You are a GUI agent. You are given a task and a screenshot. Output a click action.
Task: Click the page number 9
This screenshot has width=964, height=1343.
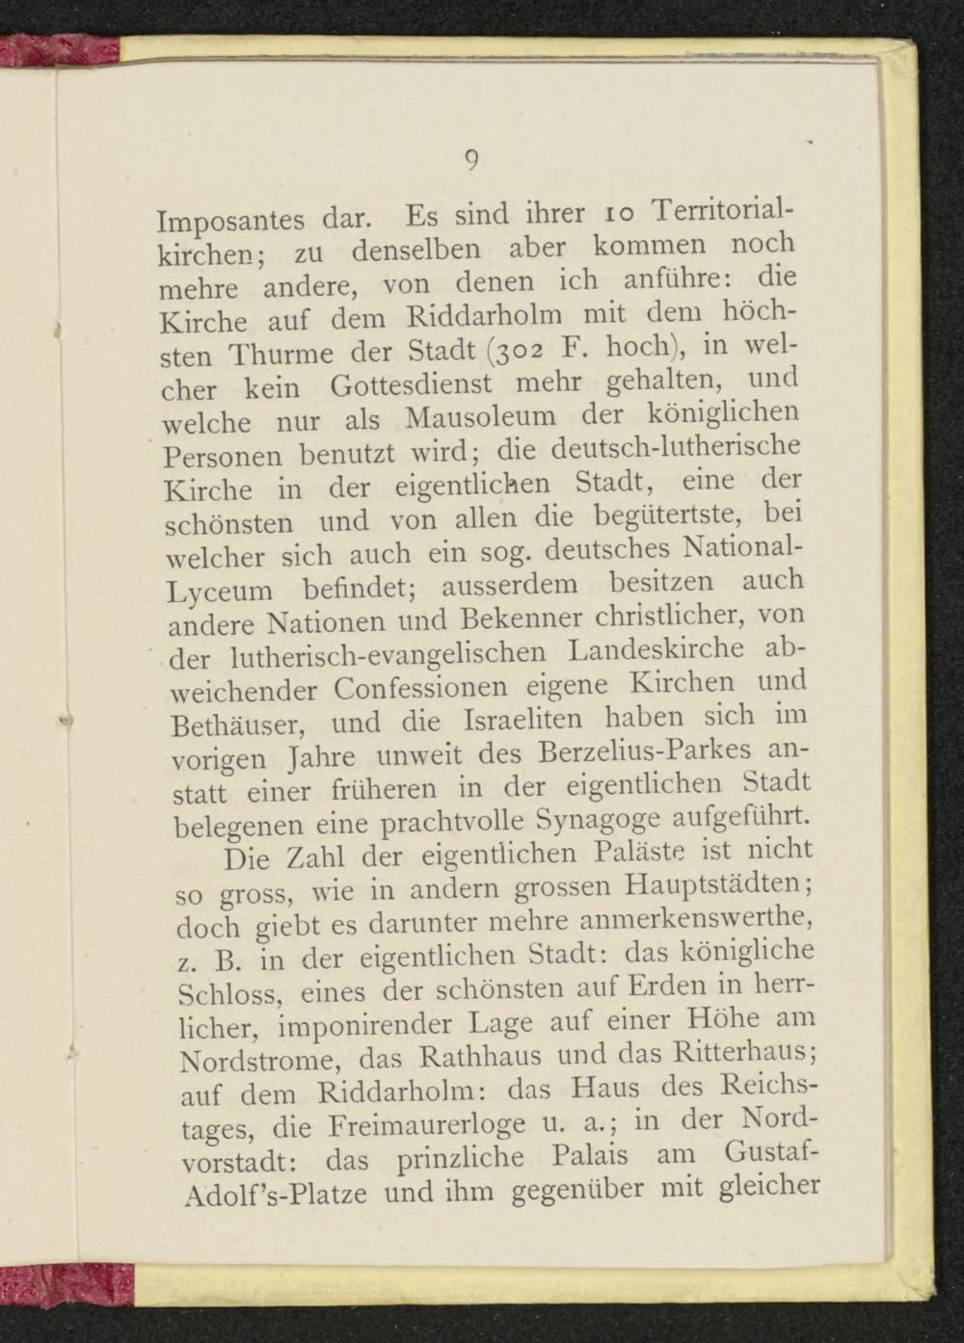click(x=471, y=160)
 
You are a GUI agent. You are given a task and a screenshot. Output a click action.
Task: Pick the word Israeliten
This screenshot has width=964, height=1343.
click(x=523, y=720)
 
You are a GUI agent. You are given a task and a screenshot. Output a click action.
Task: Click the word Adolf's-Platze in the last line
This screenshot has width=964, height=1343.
click(x=275, y=1195)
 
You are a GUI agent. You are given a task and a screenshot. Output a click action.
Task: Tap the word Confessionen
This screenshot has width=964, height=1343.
click(x=421, y=689)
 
